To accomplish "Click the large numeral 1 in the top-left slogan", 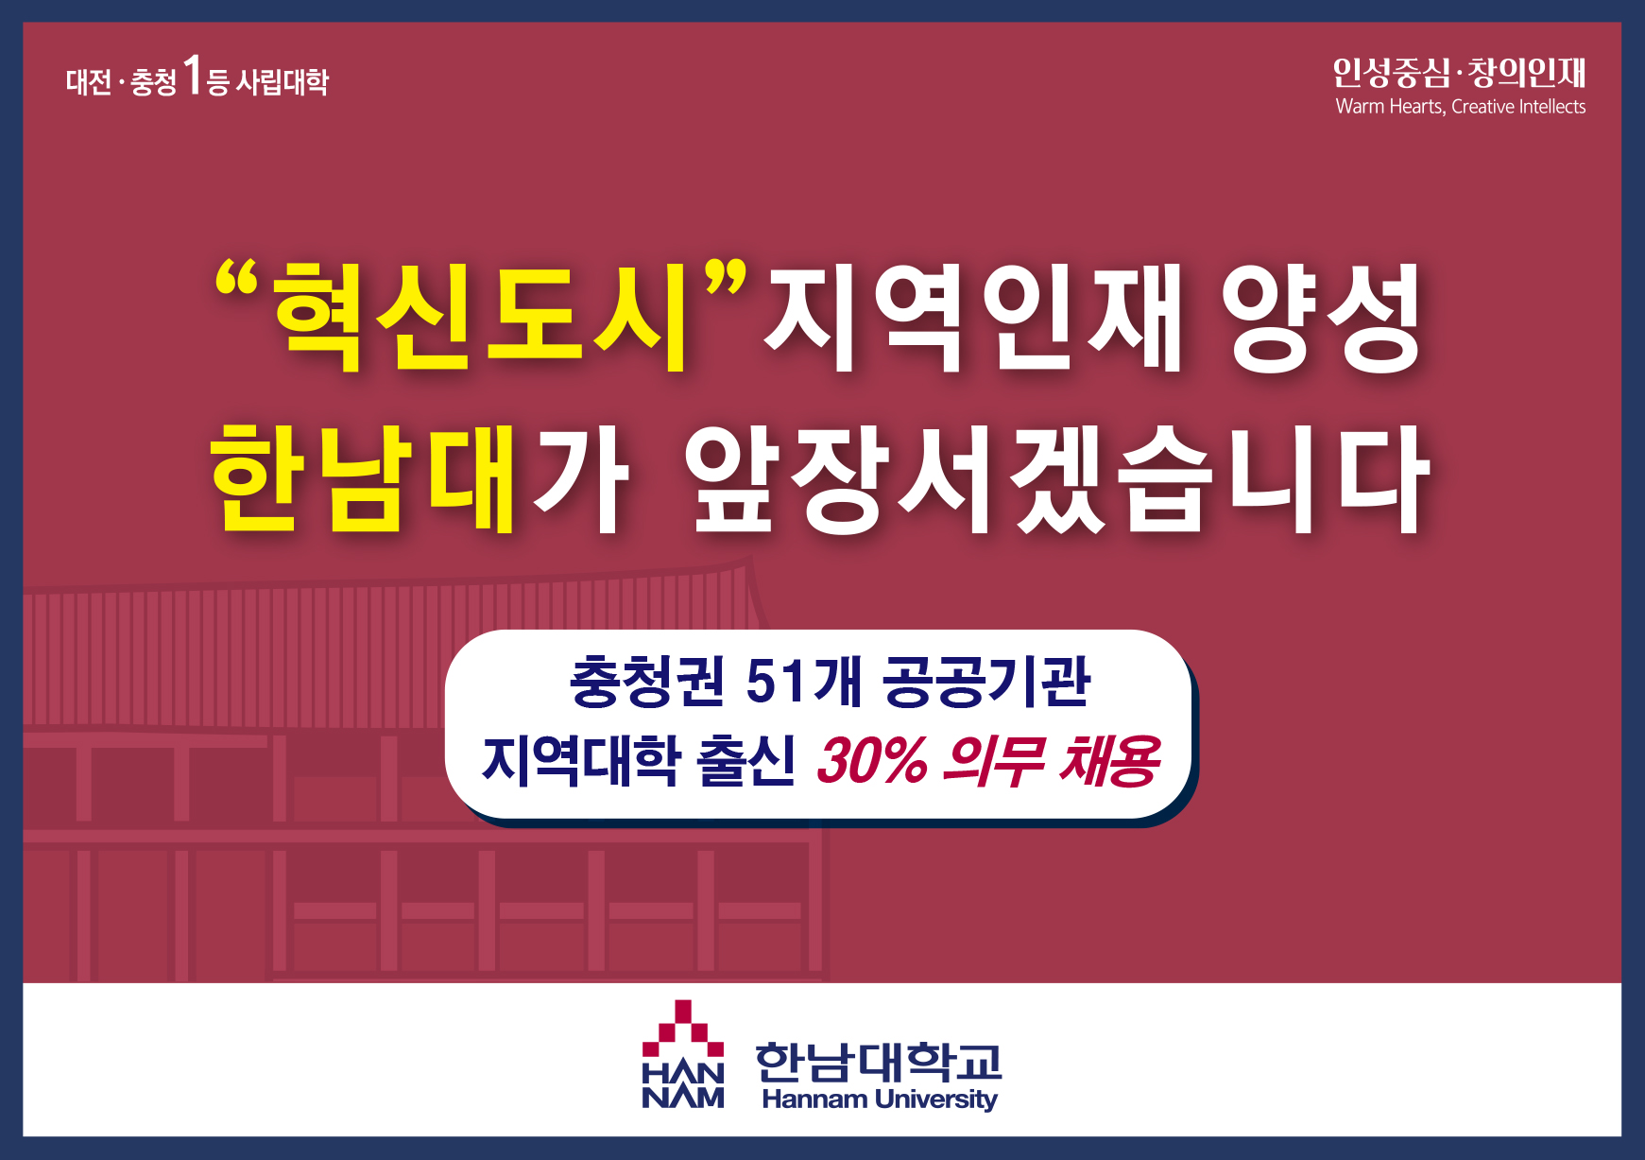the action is coord(193,76).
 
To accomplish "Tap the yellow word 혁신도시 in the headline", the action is coord(483,318).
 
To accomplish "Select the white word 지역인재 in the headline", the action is coord(974,318).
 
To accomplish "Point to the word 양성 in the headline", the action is coord(1323,318).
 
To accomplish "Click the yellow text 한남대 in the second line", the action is coord(363,477).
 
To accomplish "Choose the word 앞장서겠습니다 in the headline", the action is coord(1057,477).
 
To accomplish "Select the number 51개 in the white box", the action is coord(804,681).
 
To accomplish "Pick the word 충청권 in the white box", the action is coord(648,681).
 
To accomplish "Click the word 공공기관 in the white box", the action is coord(987,681).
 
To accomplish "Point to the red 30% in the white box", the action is coord(871,761).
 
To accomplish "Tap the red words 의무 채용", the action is coord(1052,761).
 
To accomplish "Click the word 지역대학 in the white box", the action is coord(581,761).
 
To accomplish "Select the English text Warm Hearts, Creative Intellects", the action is coord(1460,107).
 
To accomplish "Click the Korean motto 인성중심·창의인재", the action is coord(1459,72).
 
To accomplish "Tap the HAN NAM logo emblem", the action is coord(683,1054).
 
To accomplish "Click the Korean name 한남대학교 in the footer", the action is coord(879,1061).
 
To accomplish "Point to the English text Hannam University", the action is coord(880,1099).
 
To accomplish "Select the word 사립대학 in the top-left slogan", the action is coord(282,82).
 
